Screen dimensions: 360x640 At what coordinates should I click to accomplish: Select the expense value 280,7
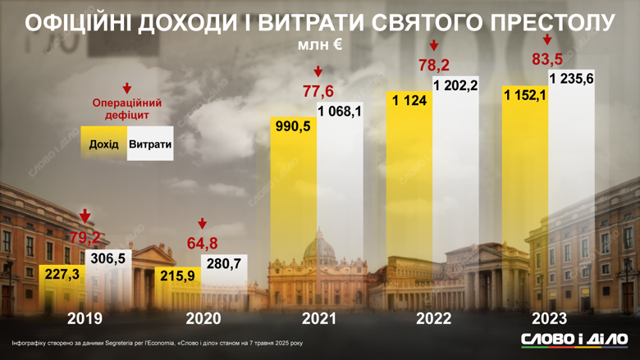click(224, 263)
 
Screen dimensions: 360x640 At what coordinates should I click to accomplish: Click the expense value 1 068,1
click(340, 112)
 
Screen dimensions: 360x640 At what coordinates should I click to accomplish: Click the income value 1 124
click(409, 100)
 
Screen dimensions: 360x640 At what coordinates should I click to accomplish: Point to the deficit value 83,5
click(546, 59)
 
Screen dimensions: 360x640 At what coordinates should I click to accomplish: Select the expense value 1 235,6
click(571, 78)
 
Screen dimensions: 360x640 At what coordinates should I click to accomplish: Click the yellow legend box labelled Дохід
click(104, 144)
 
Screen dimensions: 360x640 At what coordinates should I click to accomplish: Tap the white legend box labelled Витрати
click(150, 144)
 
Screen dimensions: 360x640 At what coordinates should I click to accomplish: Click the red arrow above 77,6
click(318, 72)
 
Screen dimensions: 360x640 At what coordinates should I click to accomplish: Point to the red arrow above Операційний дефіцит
click(126, 89)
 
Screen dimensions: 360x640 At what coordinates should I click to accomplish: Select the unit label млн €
click(320, 46)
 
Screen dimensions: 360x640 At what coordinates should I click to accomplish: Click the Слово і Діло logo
click(574, 339)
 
